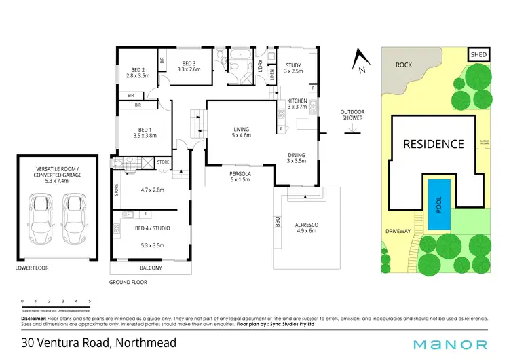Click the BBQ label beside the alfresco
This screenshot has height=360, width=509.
pyautogui.click(x=278, y=221)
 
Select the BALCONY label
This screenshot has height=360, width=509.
pyautogui.click(x=151, y=268)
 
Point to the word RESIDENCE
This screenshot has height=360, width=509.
pyautogui.click(x=434, y=144)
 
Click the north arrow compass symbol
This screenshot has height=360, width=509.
pyautogui.click(x=360, y=62)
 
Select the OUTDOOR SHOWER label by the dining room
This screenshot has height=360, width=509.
pyautogui.click(x=352, y=115)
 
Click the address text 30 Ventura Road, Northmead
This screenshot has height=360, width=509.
pyautogui.click(x=99, y=342)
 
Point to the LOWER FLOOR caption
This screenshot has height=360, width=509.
pyautogui.click(x=32, y=268)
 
